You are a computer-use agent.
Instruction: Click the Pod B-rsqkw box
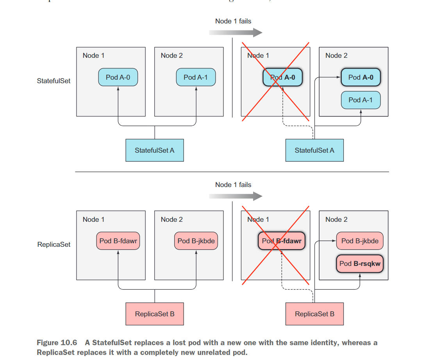point(360,264)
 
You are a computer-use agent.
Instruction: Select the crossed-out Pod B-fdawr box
point(281,241)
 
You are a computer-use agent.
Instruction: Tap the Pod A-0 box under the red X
point(282,77)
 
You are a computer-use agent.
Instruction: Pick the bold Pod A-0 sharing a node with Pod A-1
point(361,77)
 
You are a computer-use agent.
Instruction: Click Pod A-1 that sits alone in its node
point(196,77)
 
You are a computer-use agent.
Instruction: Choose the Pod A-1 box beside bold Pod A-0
point(361,100)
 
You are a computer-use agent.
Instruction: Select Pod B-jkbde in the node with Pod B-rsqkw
point(360,241)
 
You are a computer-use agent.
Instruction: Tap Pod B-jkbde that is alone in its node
point(196,241)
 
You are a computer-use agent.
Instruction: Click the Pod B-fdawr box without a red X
point(118,241)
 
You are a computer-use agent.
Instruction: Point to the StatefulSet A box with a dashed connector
point(314,150)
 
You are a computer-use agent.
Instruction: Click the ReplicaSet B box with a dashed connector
point(314,314)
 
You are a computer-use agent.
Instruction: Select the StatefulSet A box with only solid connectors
point(154,150)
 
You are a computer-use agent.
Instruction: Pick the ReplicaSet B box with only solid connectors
point(154,314)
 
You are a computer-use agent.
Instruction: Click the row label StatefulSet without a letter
point(54,81)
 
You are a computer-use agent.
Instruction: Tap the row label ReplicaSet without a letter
point(54,245)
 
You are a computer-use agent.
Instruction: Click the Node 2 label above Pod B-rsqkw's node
point(336,219)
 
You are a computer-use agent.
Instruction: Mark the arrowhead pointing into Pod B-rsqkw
point(360,274)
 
